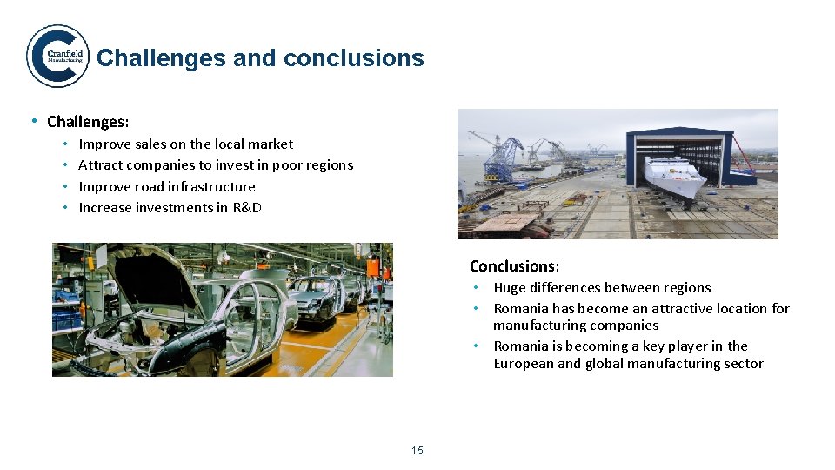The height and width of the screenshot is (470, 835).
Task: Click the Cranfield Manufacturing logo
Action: pos(57,57)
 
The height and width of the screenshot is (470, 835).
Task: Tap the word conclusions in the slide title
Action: pos(354,58)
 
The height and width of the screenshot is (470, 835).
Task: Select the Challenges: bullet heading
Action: pos(88,122)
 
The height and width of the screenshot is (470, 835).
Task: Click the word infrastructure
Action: pos(211,187)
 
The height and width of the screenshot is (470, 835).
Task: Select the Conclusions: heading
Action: pos(514,266)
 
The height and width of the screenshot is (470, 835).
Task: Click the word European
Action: pos(524,364)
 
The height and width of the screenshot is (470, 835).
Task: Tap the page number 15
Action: pos(417,450)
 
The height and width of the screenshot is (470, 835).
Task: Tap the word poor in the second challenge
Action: pos(287,165)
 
